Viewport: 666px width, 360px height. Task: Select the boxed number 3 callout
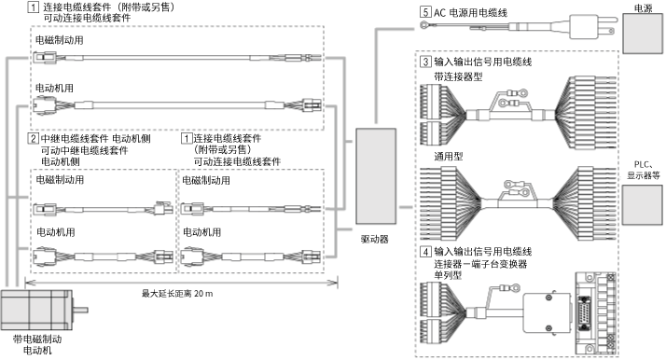coord(425,62)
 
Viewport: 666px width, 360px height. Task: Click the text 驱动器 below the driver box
coord(375,239)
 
